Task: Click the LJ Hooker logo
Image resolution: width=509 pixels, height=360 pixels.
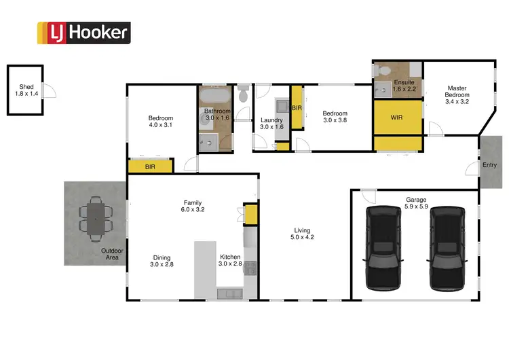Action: [83, 32]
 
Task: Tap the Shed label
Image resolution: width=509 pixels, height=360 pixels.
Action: [26, 90]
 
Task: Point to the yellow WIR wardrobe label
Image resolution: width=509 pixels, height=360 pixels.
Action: [397, 118]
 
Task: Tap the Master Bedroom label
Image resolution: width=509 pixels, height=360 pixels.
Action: [457, 94]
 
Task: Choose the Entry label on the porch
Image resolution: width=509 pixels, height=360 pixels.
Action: [489, 165]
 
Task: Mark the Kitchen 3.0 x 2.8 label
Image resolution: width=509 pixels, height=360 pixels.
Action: [229, 261]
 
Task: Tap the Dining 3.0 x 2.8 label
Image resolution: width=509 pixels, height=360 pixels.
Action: [162, 261]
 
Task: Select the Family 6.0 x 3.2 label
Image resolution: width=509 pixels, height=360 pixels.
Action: [193, 206]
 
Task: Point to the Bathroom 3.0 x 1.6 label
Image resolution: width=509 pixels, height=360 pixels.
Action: [218, 114]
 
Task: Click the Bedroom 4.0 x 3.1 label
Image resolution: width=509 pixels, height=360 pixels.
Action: [161, 122]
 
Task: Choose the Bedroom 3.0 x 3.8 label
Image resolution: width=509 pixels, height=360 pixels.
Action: [335, 117]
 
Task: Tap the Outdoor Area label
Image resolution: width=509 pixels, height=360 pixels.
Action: [112, 254]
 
